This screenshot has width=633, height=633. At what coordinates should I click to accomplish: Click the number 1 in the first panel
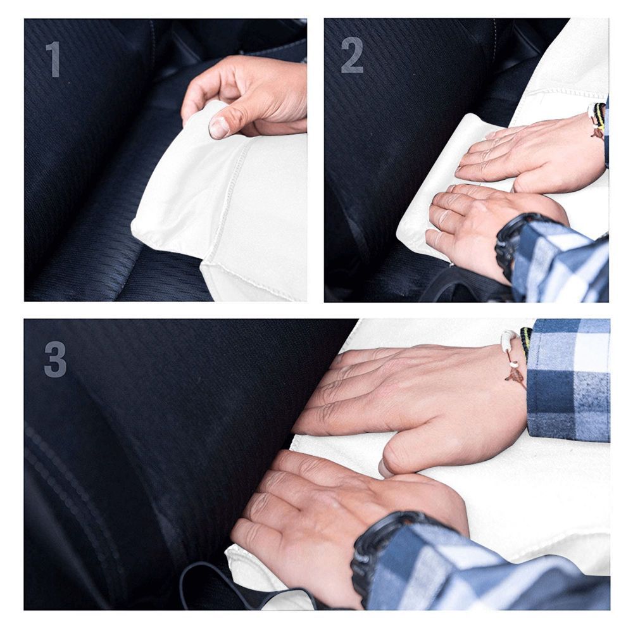53,60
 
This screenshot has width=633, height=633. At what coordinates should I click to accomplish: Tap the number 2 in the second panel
353,56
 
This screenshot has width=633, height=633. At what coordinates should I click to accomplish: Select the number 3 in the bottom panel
55,360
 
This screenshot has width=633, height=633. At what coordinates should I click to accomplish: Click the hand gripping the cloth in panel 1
253,95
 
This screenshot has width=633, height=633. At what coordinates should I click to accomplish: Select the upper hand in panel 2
532,152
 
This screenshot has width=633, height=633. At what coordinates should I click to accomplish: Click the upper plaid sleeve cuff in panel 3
567,380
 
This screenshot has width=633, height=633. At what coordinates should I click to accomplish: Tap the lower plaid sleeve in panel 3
481,570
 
